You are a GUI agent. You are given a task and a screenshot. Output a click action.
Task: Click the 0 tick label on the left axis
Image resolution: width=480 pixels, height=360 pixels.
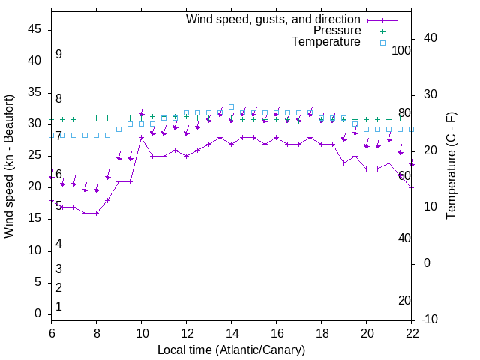coord(39,313)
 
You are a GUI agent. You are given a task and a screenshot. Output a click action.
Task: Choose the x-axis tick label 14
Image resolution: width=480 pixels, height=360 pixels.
coord(232,334)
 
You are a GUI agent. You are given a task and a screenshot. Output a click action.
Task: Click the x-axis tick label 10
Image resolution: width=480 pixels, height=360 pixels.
coord(142,334)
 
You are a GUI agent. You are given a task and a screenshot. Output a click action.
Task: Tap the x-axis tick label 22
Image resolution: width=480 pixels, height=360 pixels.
coord(412,334)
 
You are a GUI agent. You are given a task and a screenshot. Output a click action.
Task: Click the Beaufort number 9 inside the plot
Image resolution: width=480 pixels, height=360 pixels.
coord(58,55)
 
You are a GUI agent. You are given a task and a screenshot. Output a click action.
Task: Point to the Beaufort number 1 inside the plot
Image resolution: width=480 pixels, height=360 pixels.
coord(58,307)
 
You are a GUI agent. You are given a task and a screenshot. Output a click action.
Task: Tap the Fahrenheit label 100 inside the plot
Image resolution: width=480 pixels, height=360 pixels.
coord(402,50)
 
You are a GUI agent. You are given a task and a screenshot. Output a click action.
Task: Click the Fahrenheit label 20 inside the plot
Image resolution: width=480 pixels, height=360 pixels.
coord(404,301)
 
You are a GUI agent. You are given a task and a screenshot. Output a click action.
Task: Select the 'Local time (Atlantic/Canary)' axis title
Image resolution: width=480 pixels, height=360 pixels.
coord(232,349)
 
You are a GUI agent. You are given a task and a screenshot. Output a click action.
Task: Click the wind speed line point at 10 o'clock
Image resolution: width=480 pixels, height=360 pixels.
coord(142,137)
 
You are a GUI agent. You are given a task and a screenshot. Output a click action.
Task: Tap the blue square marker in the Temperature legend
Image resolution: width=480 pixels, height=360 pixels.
coord(382,43)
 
